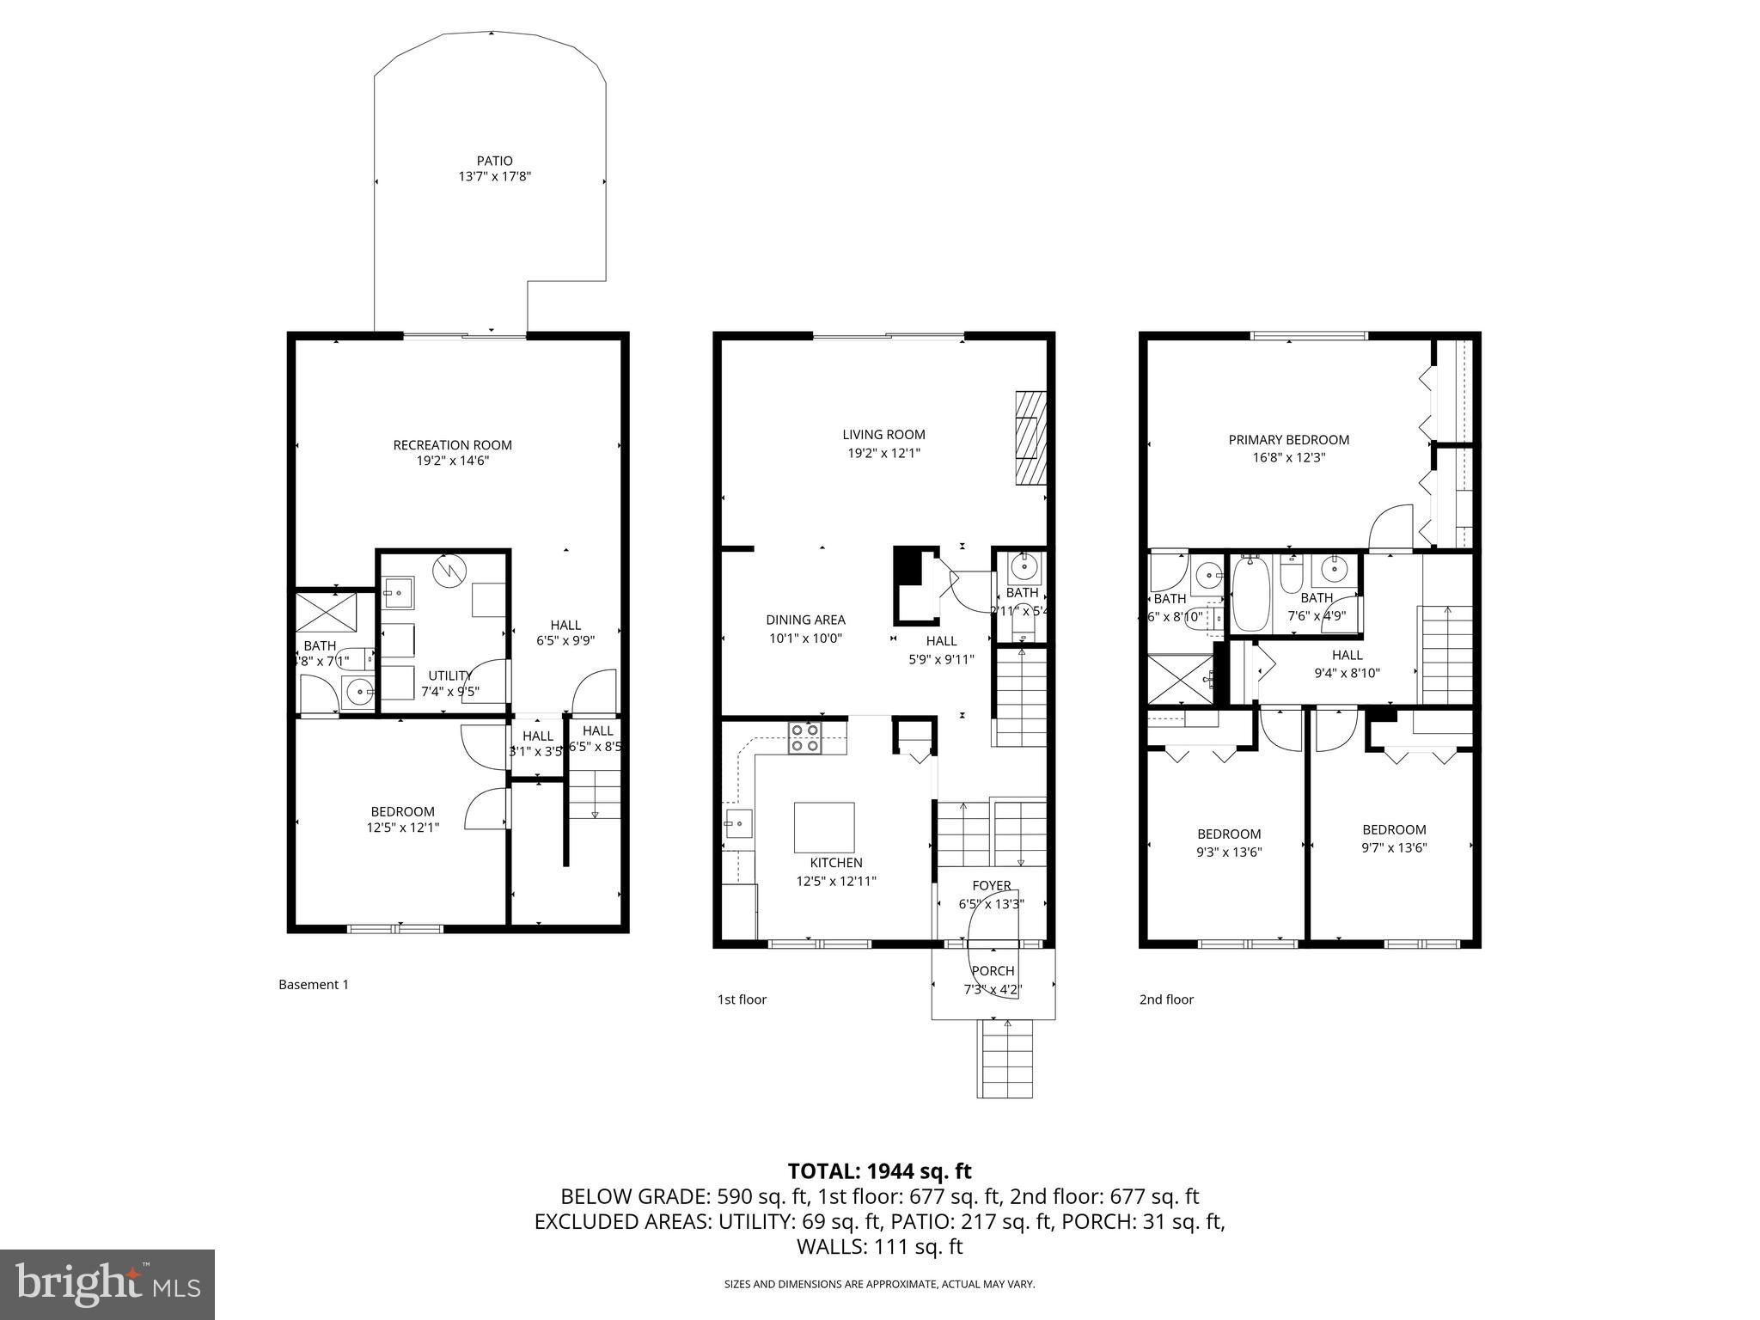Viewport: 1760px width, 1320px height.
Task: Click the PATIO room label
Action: click(494, 161)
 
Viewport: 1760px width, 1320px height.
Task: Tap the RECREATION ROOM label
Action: click(452, 445)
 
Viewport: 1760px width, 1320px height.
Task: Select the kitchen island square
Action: click(823, 827)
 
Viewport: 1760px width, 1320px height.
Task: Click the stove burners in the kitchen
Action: click(805, 738)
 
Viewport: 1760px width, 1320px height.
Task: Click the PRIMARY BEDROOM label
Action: click(1288, 440)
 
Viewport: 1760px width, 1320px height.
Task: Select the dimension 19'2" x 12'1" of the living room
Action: click(883, 453)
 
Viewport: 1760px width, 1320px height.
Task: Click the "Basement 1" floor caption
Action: click(314, 985)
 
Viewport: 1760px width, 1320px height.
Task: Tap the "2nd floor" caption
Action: click(1166, 999)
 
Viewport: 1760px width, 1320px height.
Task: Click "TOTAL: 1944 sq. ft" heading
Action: click(879, 1170)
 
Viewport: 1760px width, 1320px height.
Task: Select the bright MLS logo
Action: click(107, 1284)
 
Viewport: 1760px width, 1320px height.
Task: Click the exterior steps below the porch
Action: click(1004, 1060)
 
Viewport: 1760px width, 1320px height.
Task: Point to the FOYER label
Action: click(992, 886)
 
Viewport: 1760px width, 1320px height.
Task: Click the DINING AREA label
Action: click(805, 620)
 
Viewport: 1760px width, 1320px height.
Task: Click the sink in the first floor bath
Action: click(1024, 566)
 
